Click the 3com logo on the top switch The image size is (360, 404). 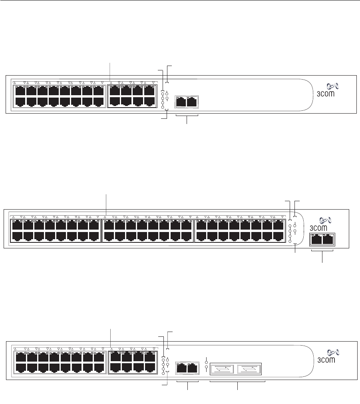coord(331,90)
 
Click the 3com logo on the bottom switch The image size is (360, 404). coord(331,357)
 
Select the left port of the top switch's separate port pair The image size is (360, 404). coord(181,102)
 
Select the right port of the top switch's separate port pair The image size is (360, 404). coord(193,102)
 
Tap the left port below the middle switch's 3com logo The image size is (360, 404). coord(316,240)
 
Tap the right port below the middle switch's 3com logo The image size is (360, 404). coord(328,240)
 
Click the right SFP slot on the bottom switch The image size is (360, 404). coord(249,368)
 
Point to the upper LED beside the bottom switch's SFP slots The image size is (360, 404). coord(206,360)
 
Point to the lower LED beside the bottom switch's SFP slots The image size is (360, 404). coord(206,367)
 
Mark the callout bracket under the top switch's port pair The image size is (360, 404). coord(187,116)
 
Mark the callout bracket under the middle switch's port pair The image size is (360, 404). coord(322,251)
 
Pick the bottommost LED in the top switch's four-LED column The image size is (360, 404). coord(163,107)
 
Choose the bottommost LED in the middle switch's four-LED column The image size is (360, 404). coord(290,241)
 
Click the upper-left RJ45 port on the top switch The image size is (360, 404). coord(19,90)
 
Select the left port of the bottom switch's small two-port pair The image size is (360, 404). coord(181,368)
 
